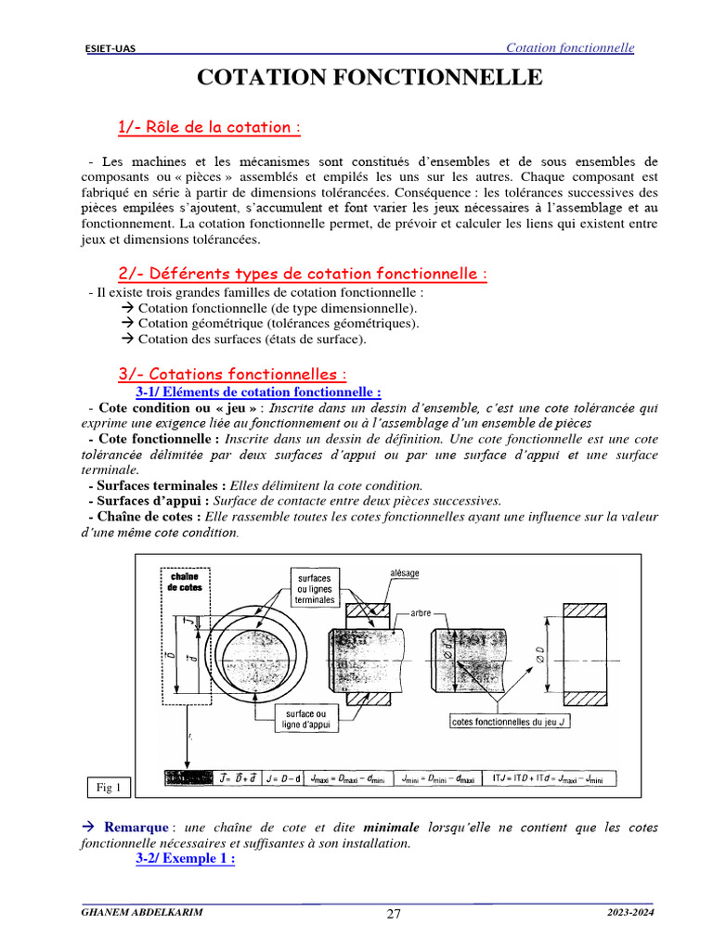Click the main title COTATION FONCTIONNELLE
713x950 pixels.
(369, 78)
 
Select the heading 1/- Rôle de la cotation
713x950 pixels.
(209, 127)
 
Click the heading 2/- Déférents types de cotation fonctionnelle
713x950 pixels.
(303, 274)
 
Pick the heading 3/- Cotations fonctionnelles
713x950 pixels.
(232, 374)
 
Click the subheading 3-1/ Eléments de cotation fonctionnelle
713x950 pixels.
(258, 392)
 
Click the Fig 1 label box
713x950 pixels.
(110, 788)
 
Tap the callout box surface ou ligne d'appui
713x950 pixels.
(306, 720)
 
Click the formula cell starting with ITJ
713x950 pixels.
(549, 778)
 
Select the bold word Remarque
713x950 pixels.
(136, 827)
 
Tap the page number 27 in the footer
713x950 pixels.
(394, 914)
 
